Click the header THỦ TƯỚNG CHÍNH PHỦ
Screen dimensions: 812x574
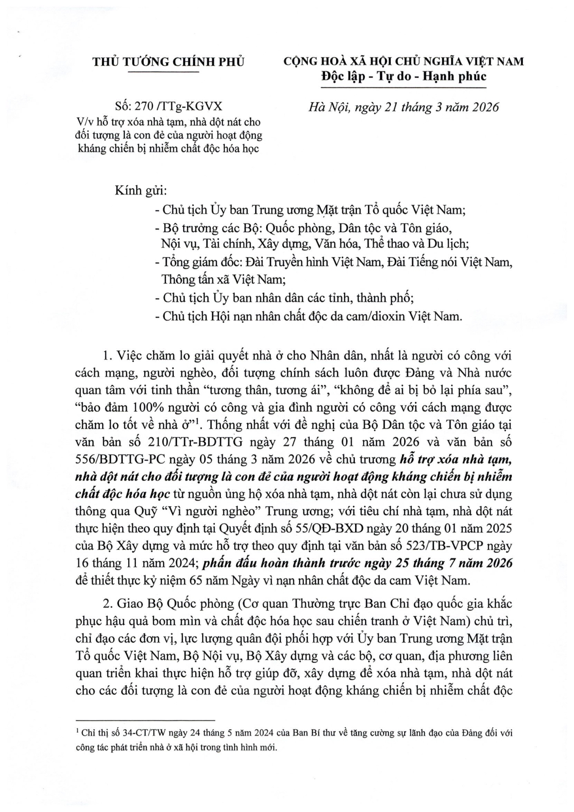click(168, 62)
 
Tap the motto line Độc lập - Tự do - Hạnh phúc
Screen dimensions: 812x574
click(403, 77)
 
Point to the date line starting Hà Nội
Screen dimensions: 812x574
click(403, 107)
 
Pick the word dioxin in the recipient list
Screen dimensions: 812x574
click(384, 316)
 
